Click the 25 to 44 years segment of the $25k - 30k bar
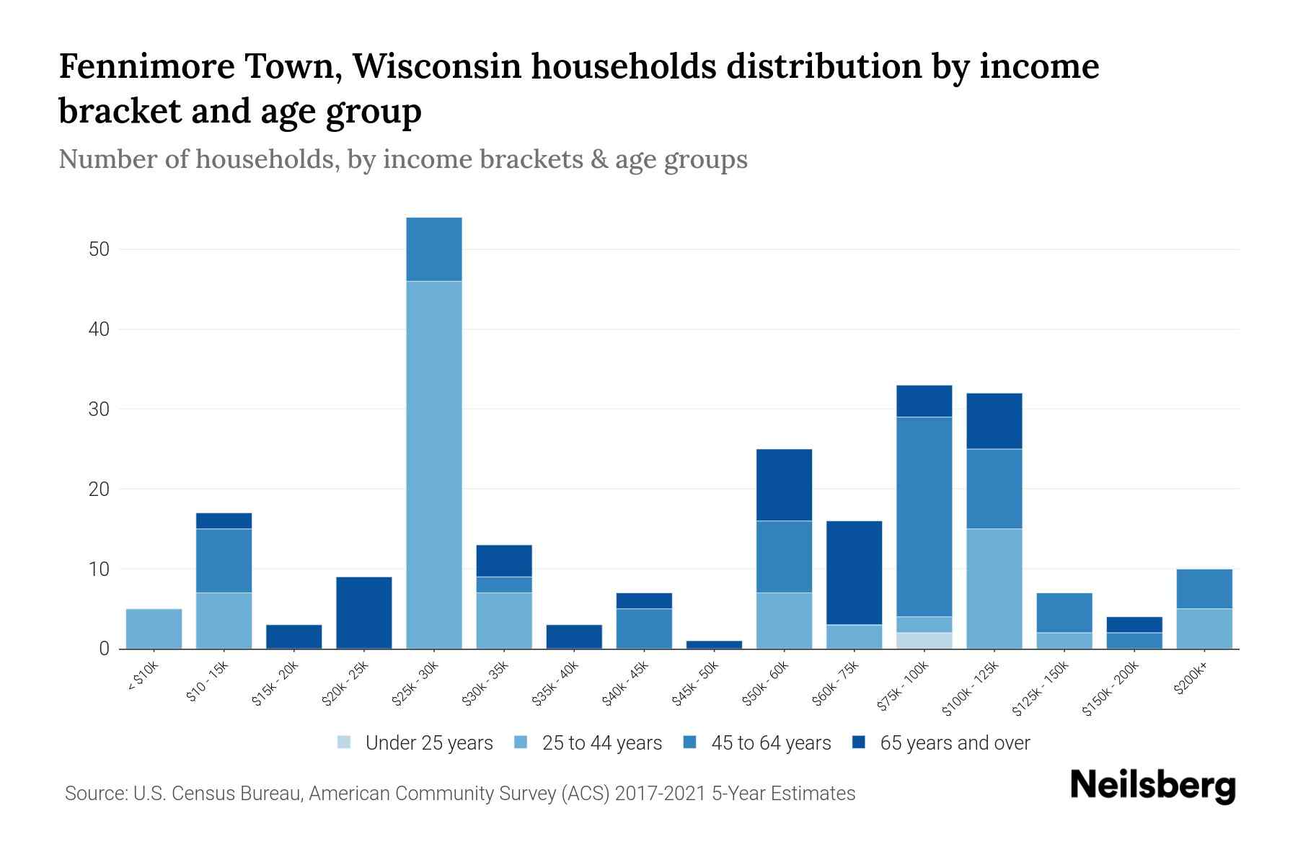pos(434,465)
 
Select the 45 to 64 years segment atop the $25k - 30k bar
pos(434,249)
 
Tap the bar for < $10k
pos(154,629)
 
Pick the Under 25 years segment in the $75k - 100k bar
pos(924,641)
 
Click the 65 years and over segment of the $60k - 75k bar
pos(854,572)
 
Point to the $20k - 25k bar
pos(364,613)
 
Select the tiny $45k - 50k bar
pos(714,644)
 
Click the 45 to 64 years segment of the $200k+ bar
pos(1204,589)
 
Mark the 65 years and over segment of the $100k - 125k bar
pos(994,421)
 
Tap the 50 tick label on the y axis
pos(99,249)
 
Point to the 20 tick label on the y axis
pos(99,489)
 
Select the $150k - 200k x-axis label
pos(1111,690)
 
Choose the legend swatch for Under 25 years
pos(345,742)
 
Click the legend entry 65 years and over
pos(954,742)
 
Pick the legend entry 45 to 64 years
pos(771,742)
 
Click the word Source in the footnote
pos(94,794)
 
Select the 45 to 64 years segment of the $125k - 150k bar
pos(1064,613)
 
